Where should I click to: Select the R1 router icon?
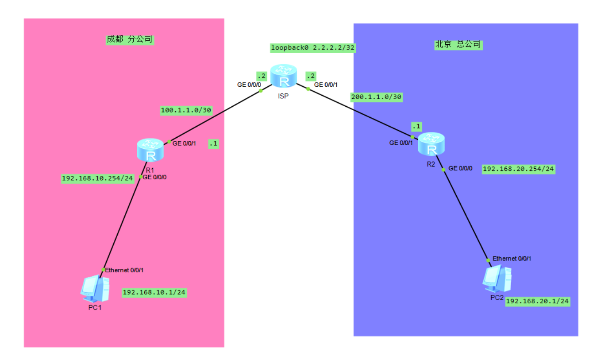tap(150, 150)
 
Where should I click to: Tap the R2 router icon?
tap(431, 144)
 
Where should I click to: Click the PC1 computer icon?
tap(94, 287)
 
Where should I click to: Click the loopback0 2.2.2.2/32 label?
tap(313, 48)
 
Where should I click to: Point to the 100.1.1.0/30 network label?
tap(186, 110)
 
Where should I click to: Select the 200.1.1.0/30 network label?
tap(377, 97)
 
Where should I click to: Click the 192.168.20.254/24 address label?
tap(518, 169)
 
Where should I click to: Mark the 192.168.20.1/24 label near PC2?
tap(538, 301)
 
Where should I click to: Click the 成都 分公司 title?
tap(129, 39)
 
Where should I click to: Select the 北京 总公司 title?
tap(458, 44)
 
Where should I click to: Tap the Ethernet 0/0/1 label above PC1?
tap(124, 270)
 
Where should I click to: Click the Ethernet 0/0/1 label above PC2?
tap(512, 259)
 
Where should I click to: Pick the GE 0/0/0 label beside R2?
tap(461, 168)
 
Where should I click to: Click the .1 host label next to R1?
tap(214, 143)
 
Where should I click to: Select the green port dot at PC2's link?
tap(488, 260)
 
